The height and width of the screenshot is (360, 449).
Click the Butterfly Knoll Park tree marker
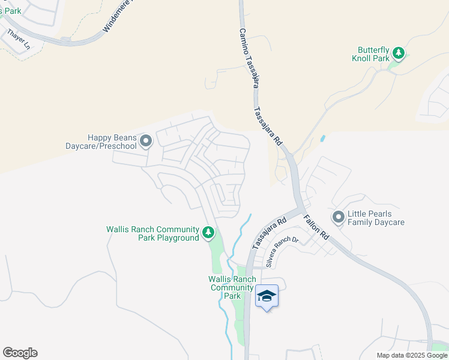click(x=398, y=54)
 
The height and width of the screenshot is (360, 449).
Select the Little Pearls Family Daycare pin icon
click(x=338, y=217)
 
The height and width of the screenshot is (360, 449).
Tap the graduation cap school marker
click(x=267, y=296)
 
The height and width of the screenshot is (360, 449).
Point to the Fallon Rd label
click(x=316, y=227)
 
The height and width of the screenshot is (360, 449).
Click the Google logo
click(x=20, y=353)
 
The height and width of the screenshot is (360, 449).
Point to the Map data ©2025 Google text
click(x=412, y=355)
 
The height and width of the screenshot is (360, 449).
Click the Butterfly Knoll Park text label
click(x=370, y=54)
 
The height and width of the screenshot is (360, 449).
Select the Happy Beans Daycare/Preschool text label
click(x=102, y=142)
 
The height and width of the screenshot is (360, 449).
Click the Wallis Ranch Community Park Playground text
click(x=152, y=233)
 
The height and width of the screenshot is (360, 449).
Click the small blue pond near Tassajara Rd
click(x=323, y=139)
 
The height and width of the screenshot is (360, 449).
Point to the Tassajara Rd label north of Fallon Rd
click(x=268, y=127)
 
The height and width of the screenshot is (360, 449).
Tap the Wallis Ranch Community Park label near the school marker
click(x=232, y=287)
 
